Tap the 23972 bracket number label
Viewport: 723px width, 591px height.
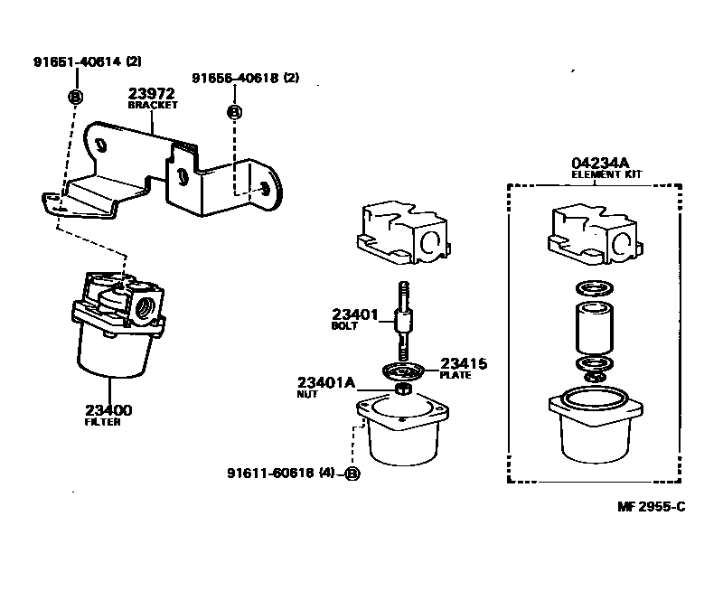click(151, 93)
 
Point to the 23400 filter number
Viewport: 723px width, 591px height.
click(108, 410)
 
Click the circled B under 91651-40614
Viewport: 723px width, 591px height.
click(75, 97)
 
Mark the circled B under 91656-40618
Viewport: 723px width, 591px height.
click(234, 112)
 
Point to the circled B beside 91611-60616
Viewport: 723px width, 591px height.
click(352, 474)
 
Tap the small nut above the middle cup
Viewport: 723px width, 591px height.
click(403, 391)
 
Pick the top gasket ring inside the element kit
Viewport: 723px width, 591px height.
click(593, 289)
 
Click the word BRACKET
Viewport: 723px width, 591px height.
click(153, 105)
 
